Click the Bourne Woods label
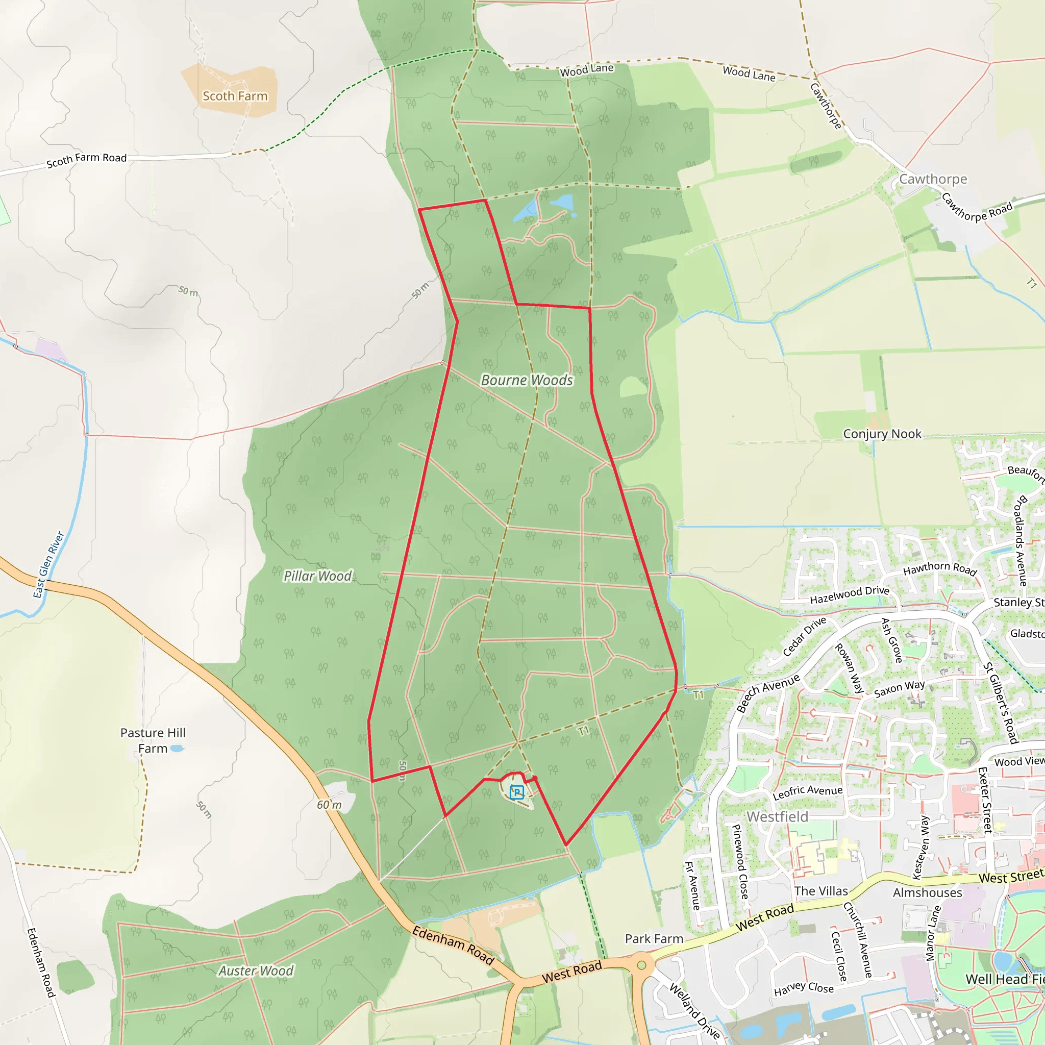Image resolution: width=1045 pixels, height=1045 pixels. click(527, 380)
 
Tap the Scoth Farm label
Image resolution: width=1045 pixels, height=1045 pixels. click(235, 96)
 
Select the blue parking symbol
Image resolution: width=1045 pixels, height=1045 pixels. click(516, 792)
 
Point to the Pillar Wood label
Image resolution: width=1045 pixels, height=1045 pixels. click(318, 576)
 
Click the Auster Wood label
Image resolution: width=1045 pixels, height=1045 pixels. click(256, 971)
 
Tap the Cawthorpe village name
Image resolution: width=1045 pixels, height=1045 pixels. click(933, 179)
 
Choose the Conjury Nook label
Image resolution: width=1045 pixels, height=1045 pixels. click(882, 434)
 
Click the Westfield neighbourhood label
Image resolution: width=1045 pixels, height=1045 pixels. click(777, 817)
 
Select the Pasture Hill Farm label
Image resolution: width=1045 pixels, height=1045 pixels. click(153, 740)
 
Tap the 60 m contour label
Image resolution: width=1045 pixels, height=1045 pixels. click(330, 805)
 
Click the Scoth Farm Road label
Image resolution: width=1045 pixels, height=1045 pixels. click(87, 160)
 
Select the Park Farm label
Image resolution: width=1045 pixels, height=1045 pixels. click(654, 938)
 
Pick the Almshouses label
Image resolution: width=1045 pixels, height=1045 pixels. click(927, 892)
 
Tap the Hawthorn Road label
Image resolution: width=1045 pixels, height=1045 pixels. click(939, 568)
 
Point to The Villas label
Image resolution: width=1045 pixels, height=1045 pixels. click(820, 891)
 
